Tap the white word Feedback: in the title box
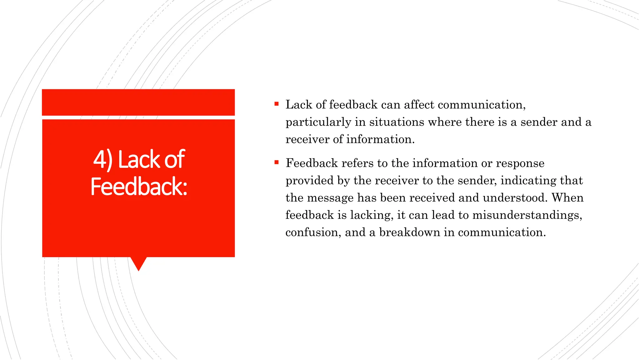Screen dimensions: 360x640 [139, 187]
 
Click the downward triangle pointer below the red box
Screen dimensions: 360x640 [138, 263]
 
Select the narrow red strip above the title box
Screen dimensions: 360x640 [138, 102]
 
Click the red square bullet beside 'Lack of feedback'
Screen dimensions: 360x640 [277, 104]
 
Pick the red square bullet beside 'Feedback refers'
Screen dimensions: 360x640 [277, 162]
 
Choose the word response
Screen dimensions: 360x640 [520, 163]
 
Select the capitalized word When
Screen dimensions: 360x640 [567, 198]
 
